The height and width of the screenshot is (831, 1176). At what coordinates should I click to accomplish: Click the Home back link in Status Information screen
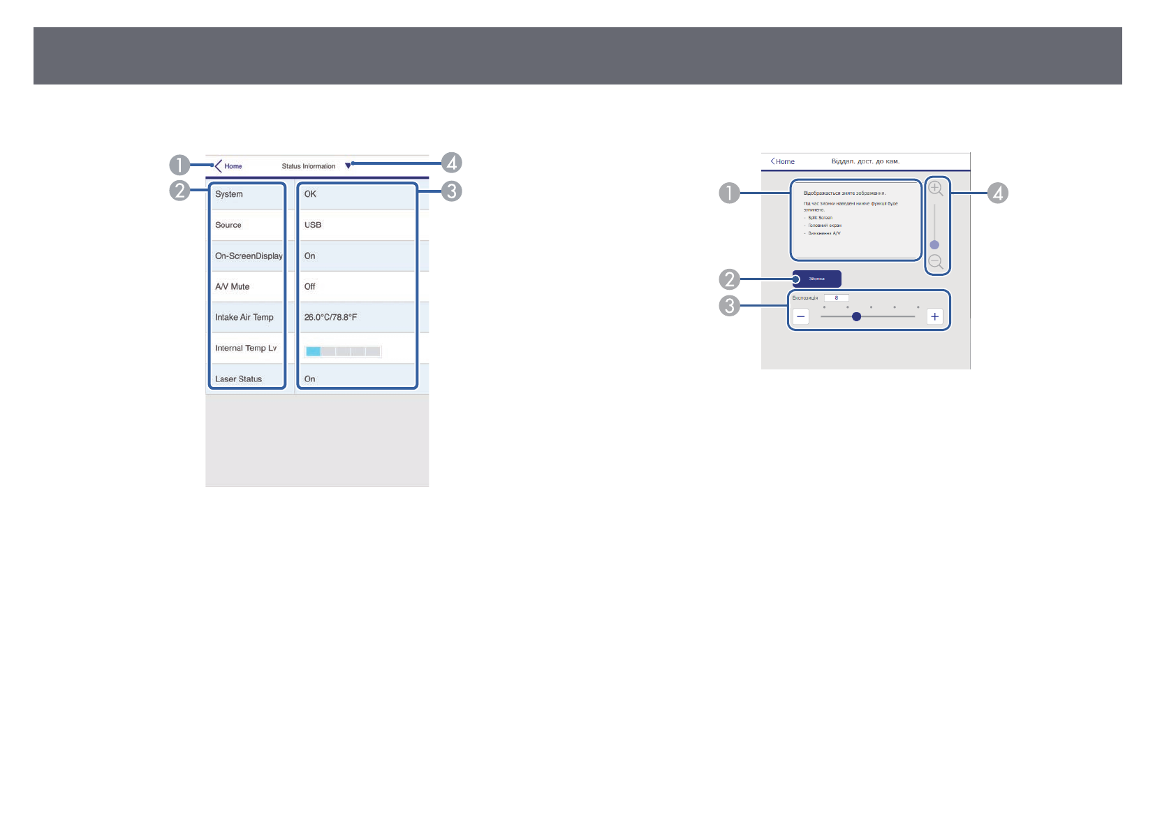228,166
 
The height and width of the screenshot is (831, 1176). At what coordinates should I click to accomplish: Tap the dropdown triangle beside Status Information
348,166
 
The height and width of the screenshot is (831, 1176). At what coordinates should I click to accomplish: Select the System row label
229,194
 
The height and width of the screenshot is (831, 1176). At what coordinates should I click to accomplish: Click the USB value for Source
313,225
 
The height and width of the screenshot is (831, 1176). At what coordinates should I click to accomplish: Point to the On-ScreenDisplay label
249,256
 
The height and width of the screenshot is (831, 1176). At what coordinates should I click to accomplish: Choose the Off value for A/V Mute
309,286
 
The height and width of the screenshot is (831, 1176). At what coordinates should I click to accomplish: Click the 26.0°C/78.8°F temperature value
330,317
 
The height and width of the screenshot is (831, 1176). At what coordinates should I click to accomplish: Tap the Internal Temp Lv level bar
343,351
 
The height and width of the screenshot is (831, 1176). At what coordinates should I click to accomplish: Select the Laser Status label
238,379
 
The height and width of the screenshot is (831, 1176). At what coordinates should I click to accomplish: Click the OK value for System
310,194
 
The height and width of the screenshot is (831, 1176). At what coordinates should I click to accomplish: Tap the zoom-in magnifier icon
935,189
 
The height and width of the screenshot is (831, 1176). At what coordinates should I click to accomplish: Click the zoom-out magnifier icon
936,263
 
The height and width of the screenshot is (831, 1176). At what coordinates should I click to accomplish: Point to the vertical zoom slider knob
934,245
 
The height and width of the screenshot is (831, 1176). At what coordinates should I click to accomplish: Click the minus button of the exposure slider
801,317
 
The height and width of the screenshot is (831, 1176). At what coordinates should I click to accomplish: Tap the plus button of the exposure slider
934,317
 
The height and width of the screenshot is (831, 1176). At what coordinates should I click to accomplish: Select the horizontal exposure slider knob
856,317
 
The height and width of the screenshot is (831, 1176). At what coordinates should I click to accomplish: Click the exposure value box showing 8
837,298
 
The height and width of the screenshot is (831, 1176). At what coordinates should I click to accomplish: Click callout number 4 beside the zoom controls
998,193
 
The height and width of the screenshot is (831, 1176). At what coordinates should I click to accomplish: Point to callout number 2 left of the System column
179,191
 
